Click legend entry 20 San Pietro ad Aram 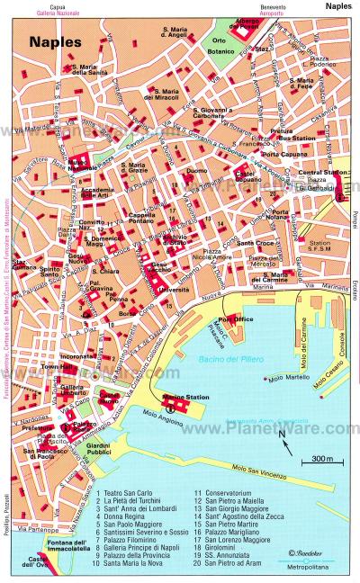tap(228, 566)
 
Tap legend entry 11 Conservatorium tap(220, 493)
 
